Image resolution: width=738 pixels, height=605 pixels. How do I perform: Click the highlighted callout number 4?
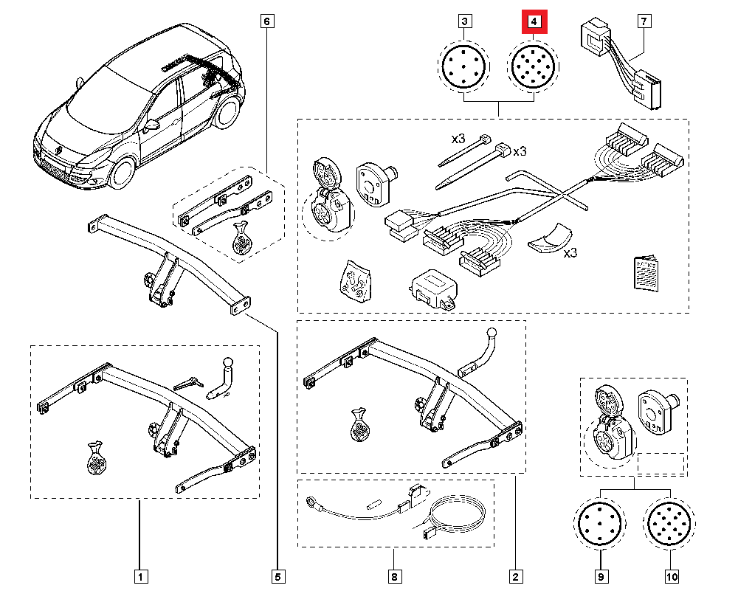(534, 22)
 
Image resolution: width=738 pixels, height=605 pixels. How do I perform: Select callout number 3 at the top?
(464, 22)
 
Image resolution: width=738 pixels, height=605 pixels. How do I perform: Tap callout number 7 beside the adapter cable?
(646, 22)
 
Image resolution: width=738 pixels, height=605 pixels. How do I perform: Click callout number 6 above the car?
(267, 22)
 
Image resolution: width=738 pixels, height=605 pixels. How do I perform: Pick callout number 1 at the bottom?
(139, 575)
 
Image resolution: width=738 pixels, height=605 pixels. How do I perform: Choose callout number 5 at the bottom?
(279, 575)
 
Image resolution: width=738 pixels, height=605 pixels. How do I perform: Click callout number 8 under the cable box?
(394, 575)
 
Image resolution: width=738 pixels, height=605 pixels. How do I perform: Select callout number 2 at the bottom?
(514, 575)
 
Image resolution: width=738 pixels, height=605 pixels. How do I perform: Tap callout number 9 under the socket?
(601, 575)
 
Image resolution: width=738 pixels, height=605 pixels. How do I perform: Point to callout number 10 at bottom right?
(672, 575)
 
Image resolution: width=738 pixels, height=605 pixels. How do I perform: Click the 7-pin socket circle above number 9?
(600, 525)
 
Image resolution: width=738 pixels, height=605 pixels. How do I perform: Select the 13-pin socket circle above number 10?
(669, 525)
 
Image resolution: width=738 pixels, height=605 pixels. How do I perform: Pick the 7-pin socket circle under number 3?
(464, 67)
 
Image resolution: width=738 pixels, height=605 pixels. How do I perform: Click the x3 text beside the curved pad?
(570, 252)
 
